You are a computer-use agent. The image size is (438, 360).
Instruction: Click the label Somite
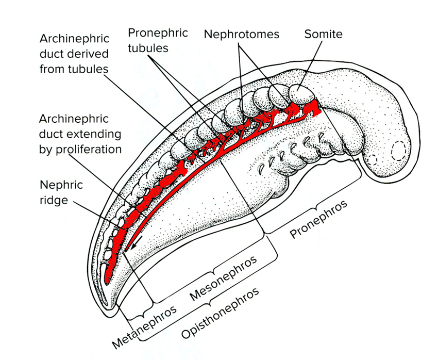pyautogui.click(x=323, y=34)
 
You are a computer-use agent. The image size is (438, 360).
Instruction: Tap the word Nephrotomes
pyautogui.click(x=241, y=34)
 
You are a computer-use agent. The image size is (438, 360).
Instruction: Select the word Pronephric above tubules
pyautogui.click(x=158, y=34)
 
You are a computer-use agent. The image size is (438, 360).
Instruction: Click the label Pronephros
pyautogui.click(x=319, y=219)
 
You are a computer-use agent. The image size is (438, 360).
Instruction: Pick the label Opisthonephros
pyautogui.click(x=220, y=313)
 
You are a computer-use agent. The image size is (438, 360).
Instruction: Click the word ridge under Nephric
pyautogui.click(x=54, y=200)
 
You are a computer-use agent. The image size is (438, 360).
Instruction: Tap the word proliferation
pyautogui.click(x=89, y=150)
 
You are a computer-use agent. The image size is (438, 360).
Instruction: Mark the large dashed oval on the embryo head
pyautogui.click(x=399, y=151)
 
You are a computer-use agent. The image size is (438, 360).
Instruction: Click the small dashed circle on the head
pyautogui.click(x=372, y=159)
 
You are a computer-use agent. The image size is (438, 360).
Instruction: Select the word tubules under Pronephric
pyautogui.click(x=148, y=48)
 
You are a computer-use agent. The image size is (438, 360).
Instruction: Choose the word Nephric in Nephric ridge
pyautogui.click(x=61, y=185)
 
